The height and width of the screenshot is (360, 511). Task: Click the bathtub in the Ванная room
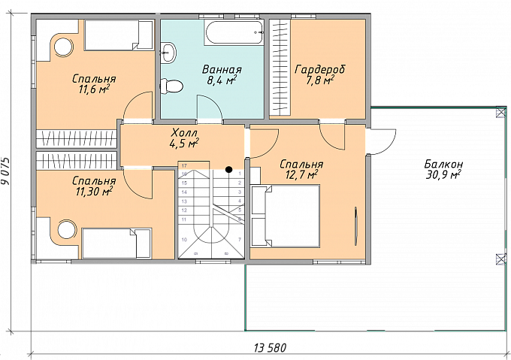tap(234, 32)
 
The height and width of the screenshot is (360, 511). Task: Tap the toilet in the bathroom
tap(172, 86)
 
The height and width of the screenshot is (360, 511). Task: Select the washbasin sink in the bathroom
tap(168, 52)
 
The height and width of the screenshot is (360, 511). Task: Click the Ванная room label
tap(222, 70)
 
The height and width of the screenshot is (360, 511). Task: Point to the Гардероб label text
tap(319, 69)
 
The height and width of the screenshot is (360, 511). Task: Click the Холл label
tap(184, 132)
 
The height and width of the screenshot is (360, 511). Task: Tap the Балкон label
tap(443, 164)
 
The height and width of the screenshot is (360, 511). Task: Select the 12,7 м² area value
tap(301, 175)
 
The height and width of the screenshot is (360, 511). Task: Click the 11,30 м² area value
tap(94, 191)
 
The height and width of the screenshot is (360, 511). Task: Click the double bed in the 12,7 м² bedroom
tap(285, 216)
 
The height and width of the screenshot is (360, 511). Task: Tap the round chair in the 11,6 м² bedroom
tap(63, 47)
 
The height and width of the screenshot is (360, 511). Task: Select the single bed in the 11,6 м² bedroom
tap(119, 35)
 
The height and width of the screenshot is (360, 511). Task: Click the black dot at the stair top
tap(229, 169)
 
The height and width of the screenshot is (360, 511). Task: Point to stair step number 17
tap(184, 165)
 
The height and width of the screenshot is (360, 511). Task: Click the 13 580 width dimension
tap(270, 348)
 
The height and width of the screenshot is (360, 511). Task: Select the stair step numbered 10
tap(184, 240)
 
